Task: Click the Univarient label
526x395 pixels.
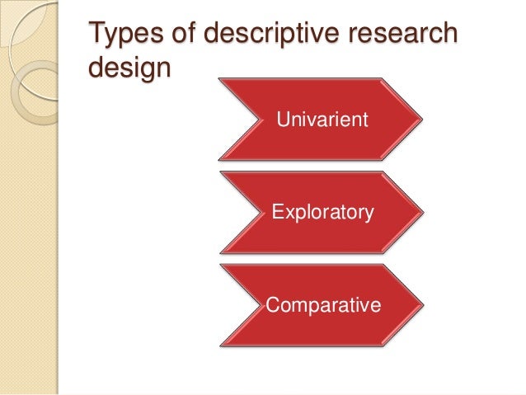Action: click(x=322, y=121)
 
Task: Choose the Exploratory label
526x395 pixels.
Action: click(x=322, y=214)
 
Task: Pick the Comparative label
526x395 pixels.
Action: click(x=323, y=306)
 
